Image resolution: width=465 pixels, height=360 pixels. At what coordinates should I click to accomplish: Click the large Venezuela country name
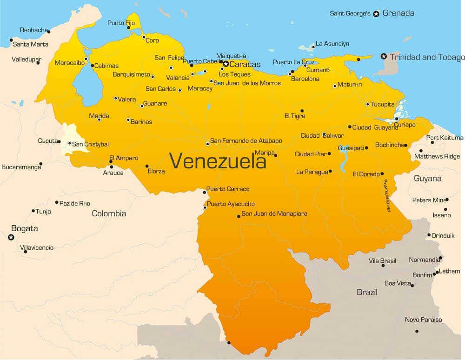click(x=218, y=161)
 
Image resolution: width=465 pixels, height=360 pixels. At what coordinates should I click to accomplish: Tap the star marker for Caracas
click(x=226, y=64)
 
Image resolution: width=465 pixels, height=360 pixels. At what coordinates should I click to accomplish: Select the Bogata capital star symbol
click(x=11, y=237)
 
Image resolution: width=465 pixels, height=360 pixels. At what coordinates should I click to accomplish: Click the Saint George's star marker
click(x=376, y=13)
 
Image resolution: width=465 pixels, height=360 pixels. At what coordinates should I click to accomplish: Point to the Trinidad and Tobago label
click(x=427, y=57)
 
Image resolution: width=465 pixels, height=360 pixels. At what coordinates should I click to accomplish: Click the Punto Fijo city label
click(x=121, y=22)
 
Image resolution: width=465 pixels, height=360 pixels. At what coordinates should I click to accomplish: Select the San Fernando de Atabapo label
click(x=246, y=140)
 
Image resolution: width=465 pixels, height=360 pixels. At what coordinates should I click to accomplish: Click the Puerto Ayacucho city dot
click(x=205, y=207)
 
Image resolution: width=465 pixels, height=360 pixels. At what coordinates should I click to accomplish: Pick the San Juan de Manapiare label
click(x=274, y=213)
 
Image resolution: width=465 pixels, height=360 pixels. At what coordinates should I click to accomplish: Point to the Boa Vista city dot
click(x=412, y=285)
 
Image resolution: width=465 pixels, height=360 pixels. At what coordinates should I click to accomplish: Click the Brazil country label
click(x=367, y=292)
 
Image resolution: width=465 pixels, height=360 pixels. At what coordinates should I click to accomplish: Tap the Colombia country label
click(x=109, y=213)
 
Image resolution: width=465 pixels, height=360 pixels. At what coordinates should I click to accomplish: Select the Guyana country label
click(x=427, y=178)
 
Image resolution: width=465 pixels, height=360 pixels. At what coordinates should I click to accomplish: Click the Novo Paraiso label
click(x=423, y=320)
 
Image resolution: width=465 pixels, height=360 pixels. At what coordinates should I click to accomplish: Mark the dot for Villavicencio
click(x=25, y=252)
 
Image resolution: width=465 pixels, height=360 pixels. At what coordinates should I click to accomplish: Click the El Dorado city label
click(x=366, y=174)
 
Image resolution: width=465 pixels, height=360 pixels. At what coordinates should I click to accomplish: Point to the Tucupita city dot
click(x=367, y=105)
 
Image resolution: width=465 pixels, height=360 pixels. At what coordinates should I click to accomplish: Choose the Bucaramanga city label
click(x=21, y=167)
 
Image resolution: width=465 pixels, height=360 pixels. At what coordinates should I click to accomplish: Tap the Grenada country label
click(x=398, y=13)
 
